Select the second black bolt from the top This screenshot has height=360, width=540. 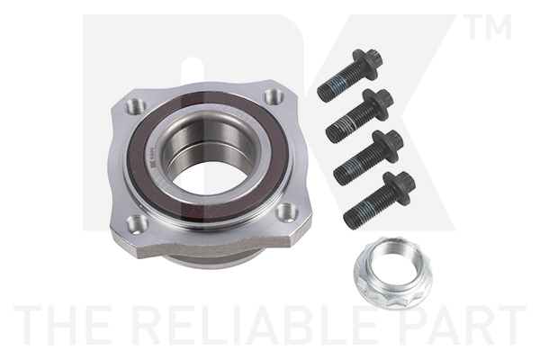[358, 115]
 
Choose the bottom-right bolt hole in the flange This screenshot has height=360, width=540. [286, 211]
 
